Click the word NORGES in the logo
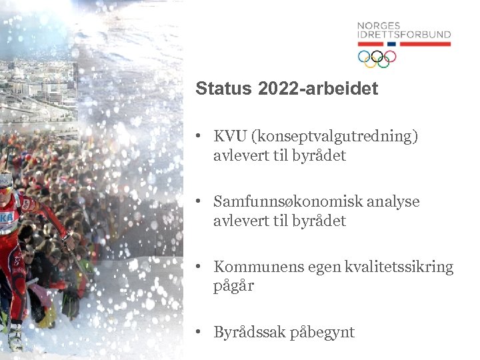tap(377, 26)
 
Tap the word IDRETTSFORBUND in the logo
tap(404, 35)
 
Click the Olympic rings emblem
tap(377, 58)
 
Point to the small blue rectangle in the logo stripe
tap(391, 44)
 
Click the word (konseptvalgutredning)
tap(334, 137)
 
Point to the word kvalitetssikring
tap(399, 267)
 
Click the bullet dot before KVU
tap(199, 137)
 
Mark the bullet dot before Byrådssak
tap(199, 331)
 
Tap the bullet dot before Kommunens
tap(199, 267)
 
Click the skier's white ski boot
tap(15, 337)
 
